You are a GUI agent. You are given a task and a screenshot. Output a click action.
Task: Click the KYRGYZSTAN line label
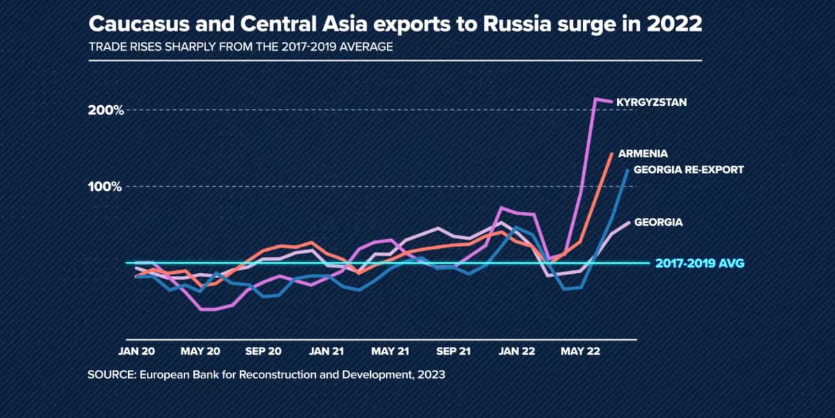pyautogui.click(x=651, y=102)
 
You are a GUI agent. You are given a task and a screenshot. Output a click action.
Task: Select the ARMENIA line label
pyautogui.click(x=643, y=153)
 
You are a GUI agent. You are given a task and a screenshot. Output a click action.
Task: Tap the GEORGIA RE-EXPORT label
pyautogui.click(x=689, y=169)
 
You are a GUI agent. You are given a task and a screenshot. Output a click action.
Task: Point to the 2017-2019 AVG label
pyautogui.click(x=700, y=263)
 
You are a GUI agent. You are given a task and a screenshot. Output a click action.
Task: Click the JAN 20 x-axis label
pyautogui.click(x=136, y=351)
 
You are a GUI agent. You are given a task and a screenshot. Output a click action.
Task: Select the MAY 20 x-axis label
pyautogui.click(x=200, y=351)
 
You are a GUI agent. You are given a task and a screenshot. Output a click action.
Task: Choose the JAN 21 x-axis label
pyautogui.click(x=326, y=351)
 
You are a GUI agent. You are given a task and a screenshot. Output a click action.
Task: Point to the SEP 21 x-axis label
pyautogui.click(x=453, y=351)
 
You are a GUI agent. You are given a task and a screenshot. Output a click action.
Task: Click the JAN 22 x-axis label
pyautogui.click(x=516, y=351)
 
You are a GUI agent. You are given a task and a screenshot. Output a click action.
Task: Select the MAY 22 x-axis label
pyautogui.click(x=580, y=351)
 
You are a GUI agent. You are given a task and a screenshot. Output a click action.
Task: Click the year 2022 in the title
pyautogui.click(x=674, y=25)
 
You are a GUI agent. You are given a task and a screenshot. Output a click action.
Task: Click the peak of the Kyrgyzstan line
pyautogui.click(x=596, y=99)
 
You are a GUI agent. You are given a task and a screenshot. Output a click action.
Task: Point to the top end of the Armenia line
pyautogui.click(x=612, y=153)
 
